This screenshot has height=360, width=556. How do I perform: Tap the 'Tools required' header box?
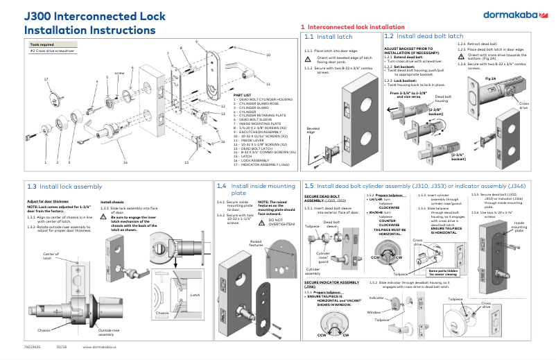[x=43, y=44]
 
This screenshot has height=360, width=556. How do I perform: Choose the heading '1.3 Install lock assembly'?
[x=64, y=187]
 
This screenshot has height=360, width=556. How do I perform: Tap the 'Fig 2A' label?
[x=490, y=78]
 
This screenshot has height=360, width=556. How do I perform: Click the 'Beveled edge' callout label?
[x=313, y=130]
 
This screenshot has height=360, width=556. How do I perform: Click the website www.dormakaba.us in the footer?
[x=98, y=347]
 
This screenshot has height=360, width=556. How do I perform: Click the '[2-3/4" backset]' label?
[x=438, y=156]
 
